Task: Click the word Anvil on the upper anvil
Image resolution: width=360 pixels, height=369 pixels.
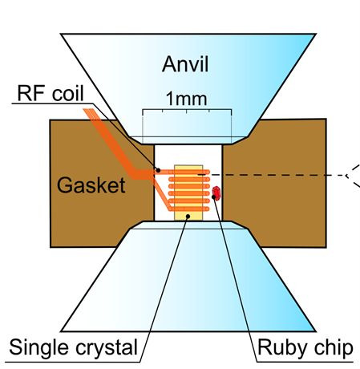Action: (185, 64)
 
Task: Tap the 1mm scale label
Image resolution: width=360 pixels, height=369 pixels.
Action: (186, 99)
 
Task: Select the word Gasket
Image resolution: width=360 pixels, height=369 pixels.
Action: (91, 185)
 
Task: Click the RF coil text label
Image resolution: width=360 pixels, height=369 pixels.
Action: (51, 93)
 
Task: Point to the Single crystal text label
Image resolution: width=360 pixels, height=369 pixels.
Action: (74, 347)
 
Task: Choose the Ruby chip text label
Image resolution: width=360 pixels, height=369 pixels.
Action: (305, 347)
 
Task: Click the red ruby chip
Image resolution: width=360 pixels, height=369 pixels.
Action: (216, 193)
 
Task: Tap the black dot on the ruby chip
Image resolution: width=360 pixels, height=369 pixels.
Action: (214, 197)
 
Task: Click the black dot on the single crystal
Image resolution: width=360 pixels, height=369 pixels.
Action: (188, 216)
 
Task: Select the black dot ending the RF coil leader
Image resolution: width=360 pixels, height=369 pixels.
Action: (158, 170)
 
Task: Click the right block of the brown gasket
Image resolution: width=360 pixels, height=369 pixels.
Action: (275, 183)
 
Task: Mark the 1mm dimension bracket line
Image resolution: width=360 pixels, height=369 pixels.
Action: (187, 109)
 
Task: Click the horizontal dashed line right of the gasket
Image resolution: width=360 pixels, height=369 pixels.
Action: (271, 175)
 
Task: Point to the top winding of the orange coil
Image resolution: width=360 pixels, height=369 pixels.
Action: (189, 172)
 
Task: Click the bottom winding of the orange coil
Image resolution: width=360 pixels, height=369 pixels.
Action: (189, 209)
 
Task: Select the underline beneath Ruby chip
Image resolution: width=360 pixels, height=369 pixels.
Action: (305, 362)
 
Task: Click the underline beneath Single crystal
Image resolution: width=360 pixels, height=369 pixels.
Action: (72, 363)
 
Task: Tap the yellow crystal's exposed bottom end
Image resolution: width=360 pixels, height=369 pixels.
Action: (188, 216)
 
